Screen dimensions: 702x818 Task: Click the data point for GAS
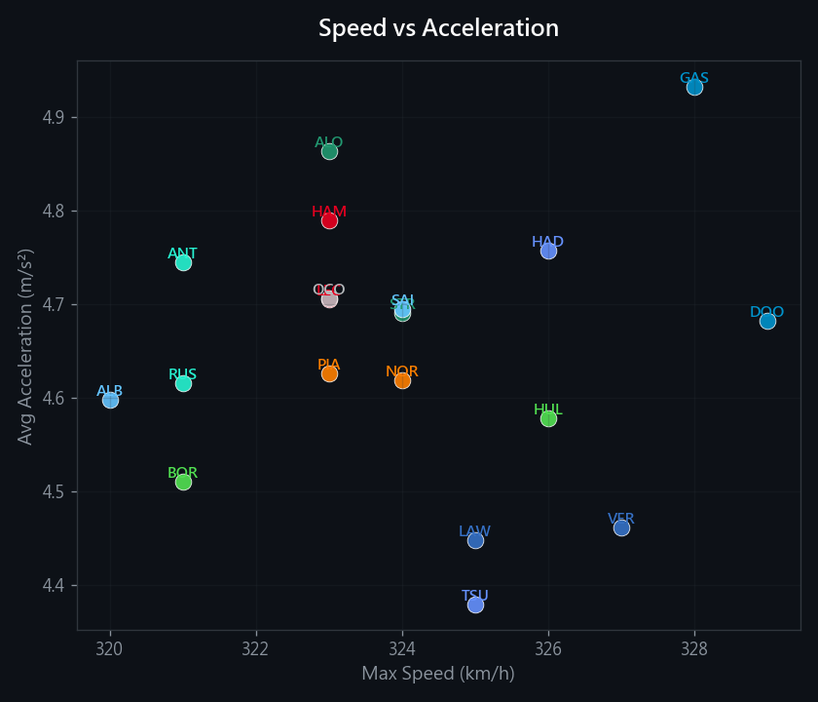tap(694, 87)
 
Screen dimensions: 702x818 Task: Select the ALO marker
tap(329, 151)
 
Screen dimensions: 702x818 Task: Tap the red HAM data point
tap(329, 220)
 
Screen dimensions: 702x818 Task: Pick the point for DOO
tap(767, 321)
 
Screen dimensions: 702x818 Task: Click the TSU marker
tap(475, 604)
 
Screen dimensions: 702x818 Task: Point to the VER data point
tap(621, 527)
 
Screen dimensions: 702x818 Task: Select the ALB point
tap(110, 400)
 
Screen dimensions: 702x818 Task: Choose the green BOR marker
tap(183, 482)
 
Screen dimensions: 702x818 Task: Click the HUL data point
tap(548, 418)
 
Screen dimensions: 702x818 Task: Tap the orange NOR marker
tap(402, 380)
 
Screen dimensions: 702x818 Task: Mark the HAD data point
tap(548, 251)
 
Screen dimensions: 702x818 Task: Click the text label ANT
tap(182, 253)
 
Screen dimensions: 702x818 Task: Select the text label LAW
tap(474, 531)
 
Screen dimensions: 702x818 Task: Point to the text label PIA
tap(329, 365)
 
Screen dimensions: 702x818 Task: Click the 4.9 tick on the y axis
tap(55, 117)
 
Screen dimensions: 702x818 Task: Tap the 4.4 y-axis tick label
tap(55, 585)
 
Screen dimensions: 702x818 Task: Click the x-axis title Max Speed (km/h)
tap(438, 674)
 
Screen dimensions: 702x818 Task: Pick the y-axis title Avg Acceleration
tap(26, 346)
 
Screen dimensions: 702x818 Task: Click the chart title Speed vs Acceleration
tap(438, 28)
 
